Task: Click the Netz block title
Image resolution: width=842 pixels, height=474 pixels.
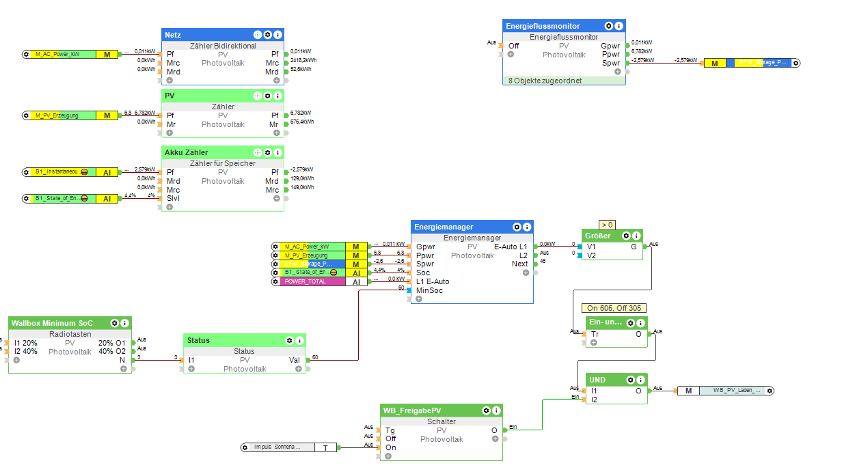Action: pyautogui.click(x=173, y=34)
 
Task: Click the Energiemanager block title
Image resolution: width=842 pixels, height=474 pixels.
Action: pyautogui.click(x=444, y=227)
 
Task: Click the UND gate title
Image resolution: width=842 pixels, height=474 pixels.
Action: pyautogui.click(x=597, y=380)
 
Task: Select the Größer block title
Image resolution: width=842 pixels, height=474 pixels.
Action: pyautogui.click(x=598, y=236)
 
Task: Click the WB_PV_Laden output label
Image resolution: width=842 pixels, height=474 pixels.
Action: pyautogui.click(x=731, y=390)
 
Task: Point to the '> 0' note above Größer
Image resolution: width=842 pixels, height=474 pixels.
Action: pyautogui.click(x=607, y=224)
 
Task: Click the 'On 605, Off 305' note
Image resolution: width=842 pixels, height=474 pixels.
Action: pyautogui.click(x=614, y=308)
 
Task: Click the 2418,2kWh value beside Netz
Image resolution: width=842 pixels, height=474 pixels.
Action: pyautogui.click(x=303, y=60)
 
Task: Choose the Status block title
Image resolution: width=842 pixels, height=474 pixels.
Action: pyautogui.click(x=199, y=340)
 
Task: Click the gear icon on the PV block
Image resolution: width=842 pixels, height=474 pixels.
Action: pyautogui.click(x=268, y=95)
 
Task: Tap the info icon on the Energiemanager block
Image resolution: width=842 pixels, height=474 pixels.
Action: pyautogui.click(x=527, y=227)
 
